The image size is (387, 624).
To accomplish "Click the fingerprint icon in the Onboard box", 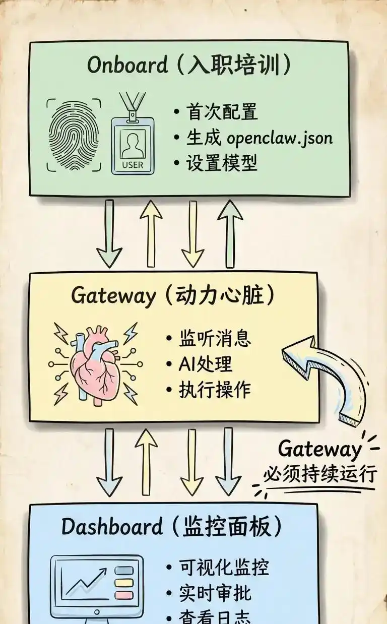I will coord(74,135).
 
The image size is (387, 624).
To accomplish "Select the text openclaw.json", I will coord(280,138).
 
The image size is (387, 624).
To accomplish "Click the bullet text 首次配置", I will coord(222,112).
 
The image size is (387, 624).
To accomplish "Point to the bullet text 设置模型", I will coord(222,163).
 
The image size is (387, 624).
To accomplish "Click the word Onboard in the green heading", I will coord(127,66).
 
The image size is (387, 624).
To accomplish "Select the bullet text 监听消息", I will coord(215,338).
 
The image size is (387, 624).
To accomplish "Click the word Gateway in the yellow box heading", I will coord(113,295).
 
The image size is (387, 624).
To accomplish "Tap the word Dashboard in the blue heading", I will coord(112,527).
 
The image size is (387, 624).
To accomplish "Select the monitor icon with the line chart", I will coord(97,587).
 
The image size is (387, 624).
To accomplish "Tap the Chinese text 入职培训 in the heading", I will coord(235,66).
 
